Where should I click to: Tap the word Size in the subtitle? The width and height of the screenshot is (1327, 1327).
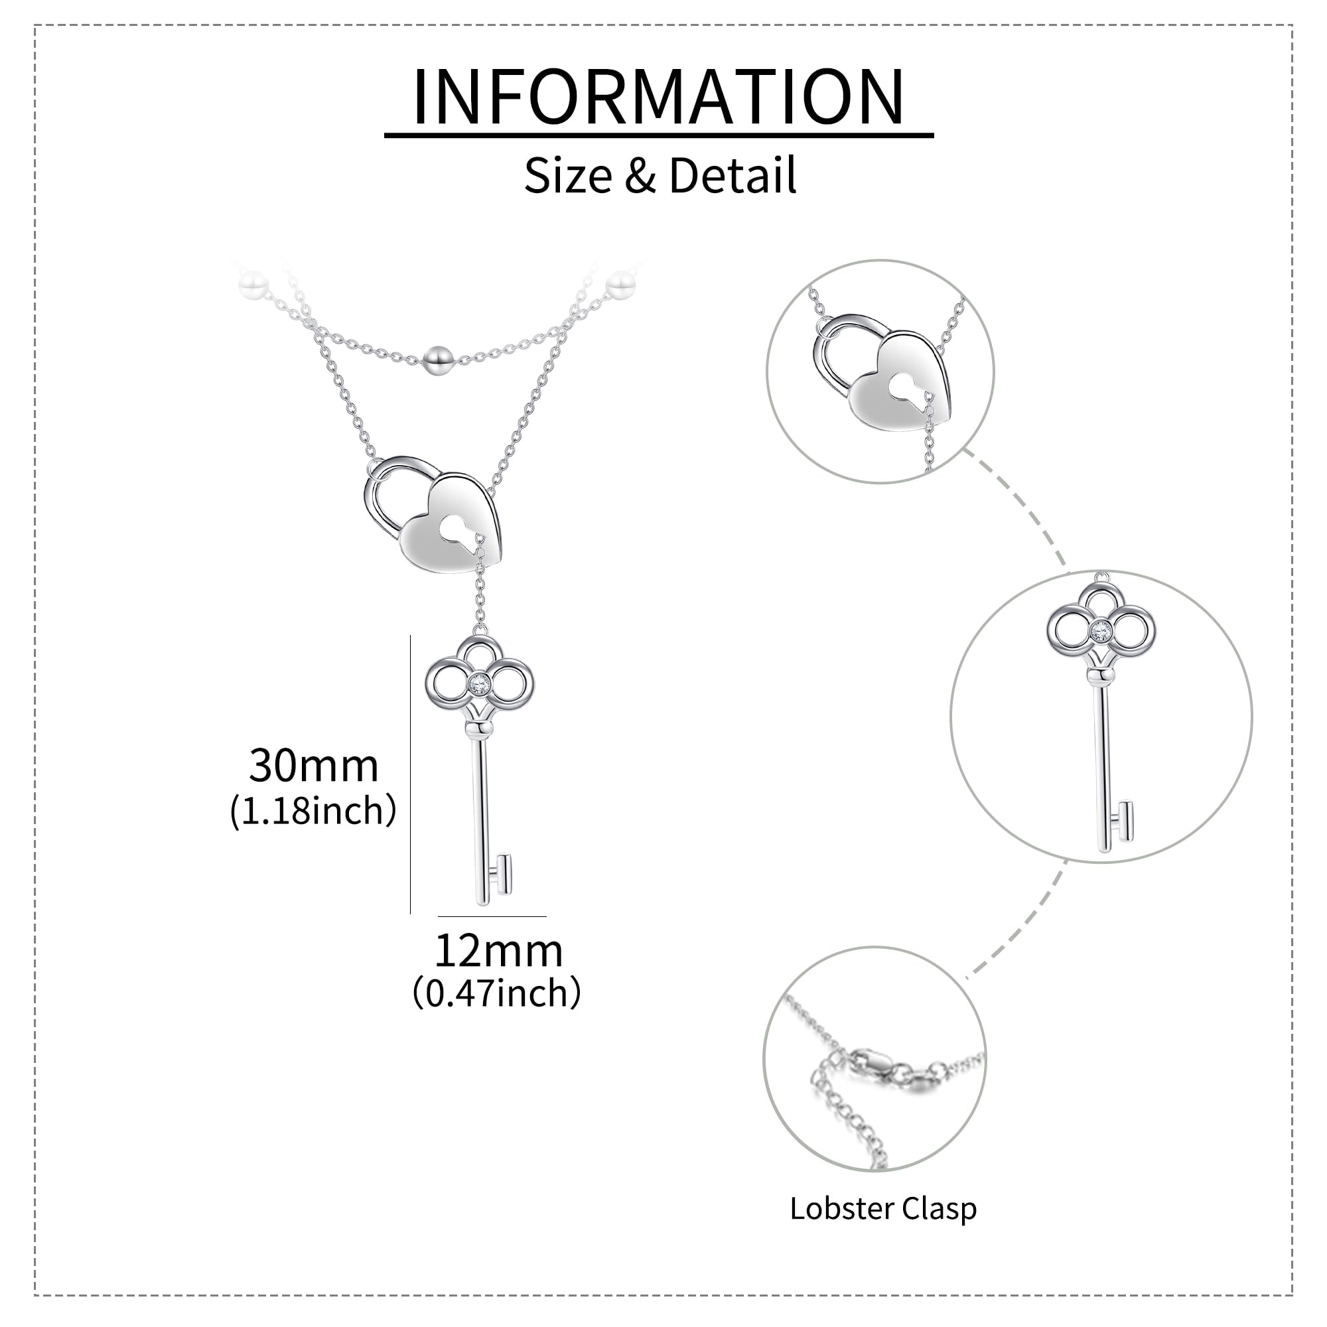tap(567, 175)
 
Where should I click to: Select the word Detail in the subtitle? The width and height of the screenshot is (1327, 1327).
tap(733, 175)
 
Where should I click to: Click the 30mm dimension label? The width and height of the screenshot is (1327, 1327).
tap(313, 765)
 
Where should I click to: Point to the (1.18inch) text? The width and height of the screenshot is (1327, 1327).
tap(313, 811)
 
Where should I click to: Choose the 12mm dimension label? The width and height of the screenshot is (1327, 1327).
tap(499, 951)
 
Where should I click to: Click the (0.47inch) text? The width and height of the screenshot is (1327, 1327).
tap(496, 993)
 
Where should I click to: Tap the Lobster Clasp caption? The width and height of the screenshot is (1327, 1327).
tap(882, 1208)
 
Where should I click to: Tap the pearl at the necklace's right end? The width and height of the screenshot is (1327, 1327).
tap(622, 284)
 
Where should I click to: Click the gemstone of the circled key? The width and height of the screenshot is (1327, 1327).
tap(1101, 628)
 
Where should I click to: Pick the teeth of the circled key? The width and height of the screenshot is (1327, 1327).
tap(1123, 821)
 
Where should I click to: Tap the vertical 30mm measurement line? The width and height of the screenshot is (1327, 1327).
tap(410, 775)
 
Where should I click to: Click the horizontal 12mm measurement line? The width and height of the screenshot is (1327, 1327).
tap(492, 916)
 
